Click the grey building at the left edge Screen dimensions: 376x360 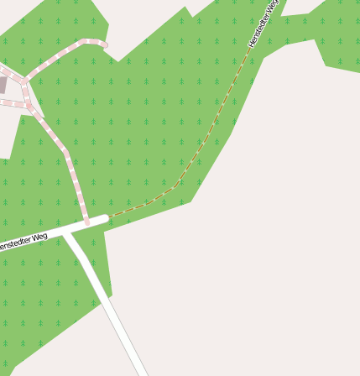[x=3, y=85]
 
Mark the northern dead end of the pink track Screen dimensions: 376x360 [x=106, y=44]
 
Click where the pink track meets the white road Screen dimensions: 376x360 [x=86, y=223]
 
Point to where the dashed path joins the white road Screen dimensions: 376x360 [x=108, y=217]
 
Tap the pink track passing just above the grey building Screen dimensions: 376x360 [x=10, y=74]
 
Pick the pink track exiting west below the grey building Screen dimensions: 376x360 [x=10, y=103]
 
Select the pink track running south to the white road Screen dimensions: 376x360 [x=71, y=168]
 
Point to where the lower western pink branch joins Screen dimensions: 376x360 [x=29, y=106]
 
